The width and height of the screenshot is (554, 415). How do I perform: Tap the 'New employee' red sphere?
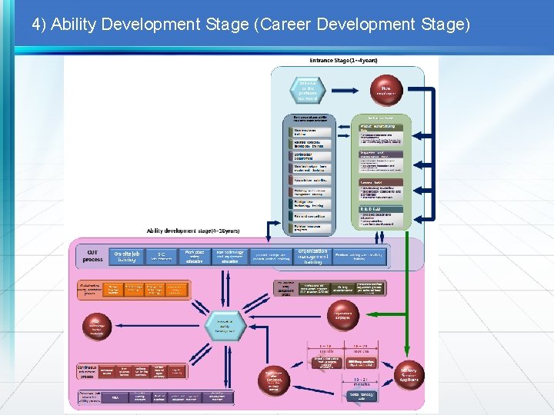[x=385, y=90]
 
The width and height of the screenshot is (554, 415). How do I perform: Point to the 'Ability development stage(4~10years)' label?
[x=193, y=231]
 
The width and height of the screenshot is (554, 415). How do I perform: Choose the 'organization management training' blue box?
[x=314, y=256]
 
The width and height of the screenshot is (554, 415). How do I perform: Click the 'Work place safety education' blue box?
[x=195, y=256]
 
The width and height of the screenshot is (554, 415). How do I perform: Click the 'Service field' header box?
[x=380, y=181]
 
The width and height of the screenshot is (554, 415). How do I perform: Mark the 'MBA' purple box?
[x=115, y=398]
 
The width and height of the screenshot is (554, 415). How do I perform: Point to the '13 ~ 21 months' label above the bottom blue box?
[x=360, y=380]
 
